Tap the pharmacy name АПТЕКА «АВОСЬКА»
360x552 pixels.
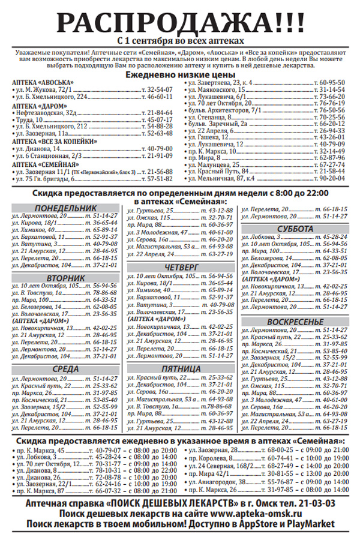point(43,82)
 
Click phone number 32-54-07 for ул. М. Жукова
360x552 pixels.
point(156,89)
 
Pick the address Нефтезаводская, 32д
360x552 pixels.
point(47,112)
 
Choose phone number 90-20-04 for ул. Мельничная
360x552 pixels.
point(332,178)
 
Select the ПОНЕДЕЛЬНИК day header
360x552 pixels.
point(65,208)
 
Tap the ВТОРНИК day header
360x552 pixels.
point(65,278)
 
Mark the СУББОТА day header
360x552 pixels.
point(295,230)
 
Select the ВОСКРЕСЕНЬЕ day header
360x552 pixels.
point(295,322)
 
